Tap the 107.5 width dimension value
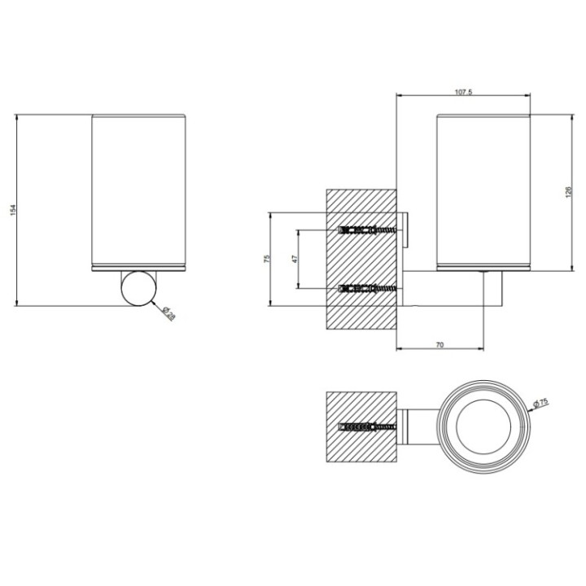(463, 92)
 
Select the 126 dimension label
(569, 193)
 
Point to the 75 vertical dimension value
(267, 259)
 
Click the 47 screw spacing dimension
(295, 259)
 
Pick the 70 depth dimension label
(439, 345)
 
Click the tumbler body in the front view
(140, 191)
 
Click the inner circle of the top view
(485, 426)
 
